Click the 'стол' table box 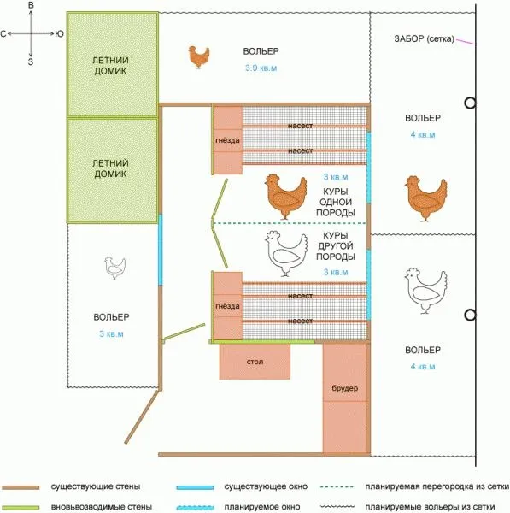[255, 361]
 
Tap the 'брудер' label [345, 388]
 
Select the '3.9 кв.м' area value [261, 68]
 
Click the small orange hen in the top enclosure [199, 56]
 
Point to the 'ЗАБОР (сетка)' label [424, 38]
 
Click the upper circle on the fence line [470, 103]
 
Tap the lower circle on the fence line [470, 315]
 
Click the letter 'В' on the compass [31, 5]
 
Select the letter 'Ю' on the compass [59, 33]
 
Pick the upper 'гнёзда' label [227, 140]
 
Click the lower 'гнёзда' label [227, 306]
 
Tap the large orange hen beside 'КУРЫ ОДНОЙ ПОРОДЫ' [285, 197]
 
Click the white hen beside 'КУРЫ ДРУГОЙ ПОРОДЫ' [286, 254]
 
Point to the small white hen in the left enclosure [114, 268]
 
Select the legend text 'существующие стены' [96, 486]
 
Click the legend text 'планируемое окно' [262, 507]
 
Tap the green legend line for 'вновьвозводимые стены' [21, 507]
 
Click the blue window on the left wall [161, 250]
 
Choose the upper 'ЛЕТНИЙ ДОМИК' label [110, 66]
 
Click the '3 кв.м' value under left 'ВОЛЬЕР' [111, 333]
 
